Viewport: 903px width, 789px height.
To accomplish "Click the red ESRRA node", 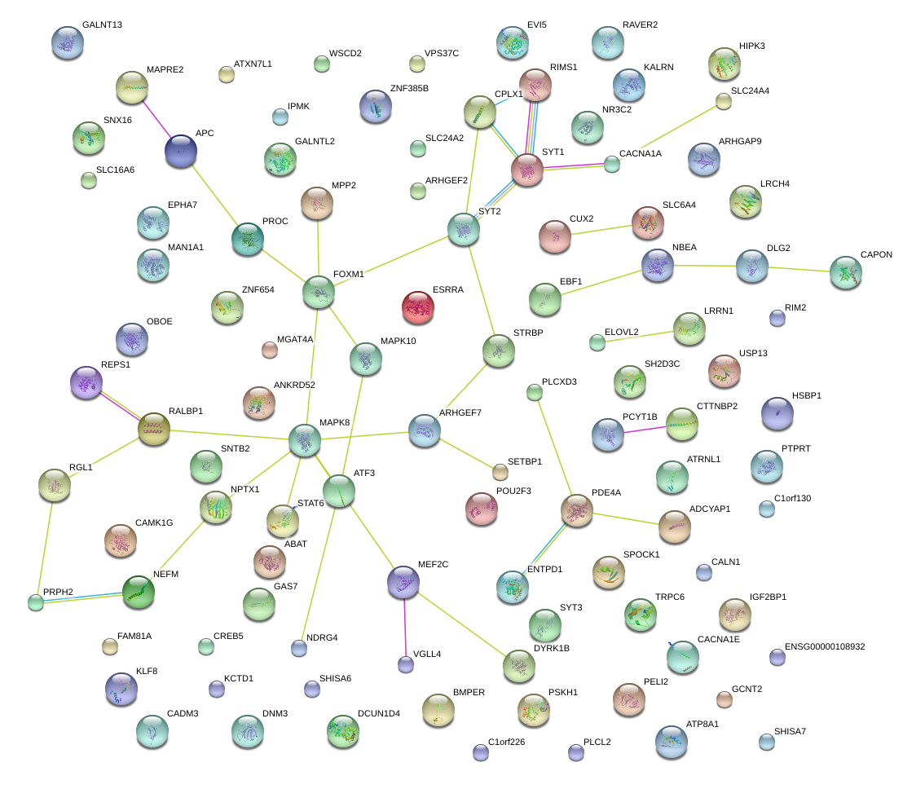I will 418,306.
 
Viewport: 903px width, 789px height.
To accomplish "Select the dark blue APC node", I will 180,151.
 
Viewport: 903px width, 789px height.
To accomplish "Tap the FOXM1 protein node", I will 318,293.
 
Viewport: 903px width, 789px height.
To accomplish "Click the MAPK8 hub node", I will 305,441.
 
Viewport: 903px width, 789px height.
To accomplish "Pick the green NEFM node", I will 138,593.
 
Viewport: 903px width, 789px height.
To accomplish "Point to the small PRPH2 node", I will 35,602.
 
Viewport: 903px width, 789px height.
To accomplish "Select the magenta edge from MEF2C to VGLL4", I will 405,623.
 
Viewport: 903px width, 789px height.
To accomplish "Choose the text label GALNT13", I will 102,25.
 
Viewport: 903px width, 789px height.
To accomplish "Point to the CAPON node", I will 845,272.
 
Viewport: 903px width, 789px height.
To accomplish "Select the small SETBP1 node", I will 500,471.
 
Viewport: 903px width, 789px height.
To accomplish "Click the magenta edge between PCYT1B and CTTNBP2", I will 645,429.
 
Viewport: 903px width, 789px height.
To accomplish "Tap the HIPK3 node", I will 724,64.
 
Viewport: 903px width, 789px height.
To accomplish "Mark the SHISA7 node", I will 766,741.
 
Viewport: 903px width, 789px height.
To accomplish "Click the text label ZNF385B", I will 408,87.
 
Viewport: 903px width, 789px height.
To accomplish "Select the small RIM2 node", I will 777,318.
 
